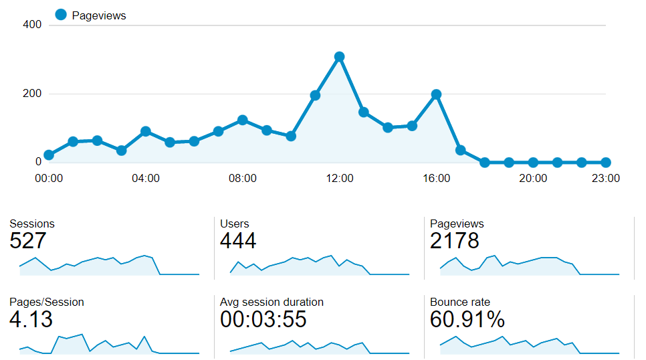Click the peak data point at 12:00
coord(339,57)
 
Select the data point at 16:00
coord(436,94)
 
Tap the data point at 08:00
coord(242,120)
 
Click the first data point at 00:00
coord(48,155)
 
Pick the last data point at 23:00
coord(605,162)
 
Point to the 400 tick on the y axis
coord(32,25)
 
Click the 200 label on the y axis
coord(32,94)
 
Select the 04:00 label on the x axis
coord(145,179)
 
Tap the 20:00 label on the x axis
coord(533,179)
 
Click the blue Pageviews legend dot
coord(61,15)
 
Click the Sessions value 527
coord(27,241)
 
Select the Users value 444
coord(238,241)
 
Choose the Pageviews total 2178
coord(454,241)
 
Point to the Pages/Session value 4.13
coord(31,319)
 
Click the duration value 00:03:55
coord(263,319)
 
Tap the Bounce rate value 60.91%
coord(467,319)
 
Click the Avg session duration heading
coord(272,302)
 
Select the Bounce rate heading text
coord(460,302)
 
